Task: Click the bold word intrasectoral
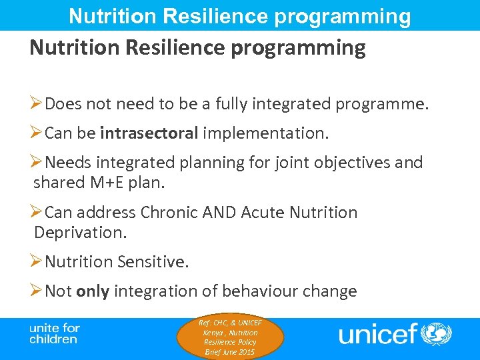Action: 149,133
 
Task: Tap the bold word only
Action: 93,291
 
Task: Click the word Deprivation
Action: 79,233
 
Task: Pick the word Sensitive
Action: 153,262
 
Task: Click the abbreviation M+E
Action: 105,183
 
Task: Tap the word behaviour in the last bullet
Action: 269,291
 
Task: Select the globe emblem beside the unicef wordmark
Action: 437,333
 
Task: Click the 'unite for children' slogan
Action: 54,333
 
